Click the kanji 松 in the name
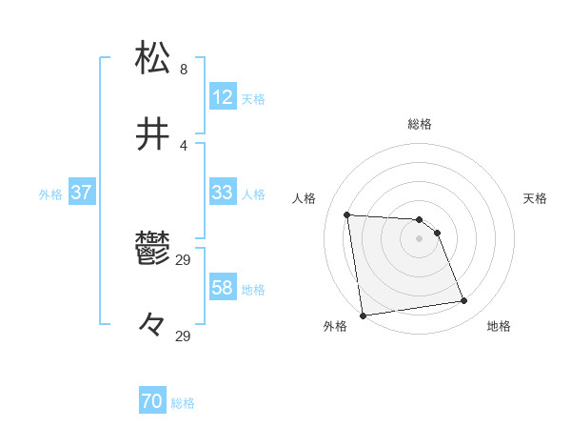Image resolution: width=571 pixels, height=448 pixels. pyautogui.click(x=153, y=57)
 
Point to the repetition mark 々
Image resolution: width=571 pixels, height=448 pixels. pyautogui.click(x=153, y=326)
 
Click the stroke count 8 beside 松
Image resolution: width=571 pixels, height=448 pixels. pyautogui.click(x=183, y=69)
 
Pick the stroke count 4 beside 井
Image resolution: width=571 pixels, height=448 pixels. pyautogui.click(x=183, y=145)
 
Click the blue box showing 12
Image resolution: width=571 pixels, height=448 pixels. pyautogui.click(x=223, y=96)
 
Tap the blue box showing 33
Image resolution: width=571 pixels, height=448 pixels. pyautogui.click(x=223, y=193)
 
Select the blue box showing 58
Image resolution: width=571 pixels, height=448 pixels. pyautogui.click(x=223, y=288)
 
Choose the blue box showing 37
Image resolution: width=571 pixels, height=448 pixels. pyautogui.click(x=82, y=193)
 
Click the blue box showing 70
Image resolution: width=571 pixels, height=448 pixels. pyautogui.click(x=152, y=402)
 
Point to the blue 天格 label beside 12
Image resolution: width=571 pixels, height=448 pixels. pyautogui.click(x=253, y=98)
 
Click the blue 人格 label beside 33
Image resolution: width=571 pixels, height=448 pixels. pyautogui.click(x=253, y=193)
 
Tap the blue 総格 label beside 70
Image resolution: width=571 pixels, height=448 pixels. pyautogui.click(x=183, y=403)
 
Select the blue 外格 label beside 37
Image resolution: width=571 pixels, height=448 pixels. pyautogui.click(x=50, y=193)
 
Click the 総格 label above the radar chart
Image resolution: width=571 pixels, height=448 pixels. pyautogui.click(x=420, y=124)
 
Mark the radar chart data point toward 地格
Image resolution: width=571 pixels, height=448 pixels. pyautogui.click(x=464, y=301)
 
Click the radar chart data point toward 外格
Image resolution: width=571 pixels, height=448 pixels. pyautogui.click(x=363, y=315)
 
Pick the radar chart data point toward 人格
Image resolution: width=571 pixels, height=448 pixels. pyautogui.click(x=347, y=214)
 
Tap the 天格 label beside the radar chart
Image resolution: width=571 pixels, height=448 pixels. pyautogui.click(x=536, y=198)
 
